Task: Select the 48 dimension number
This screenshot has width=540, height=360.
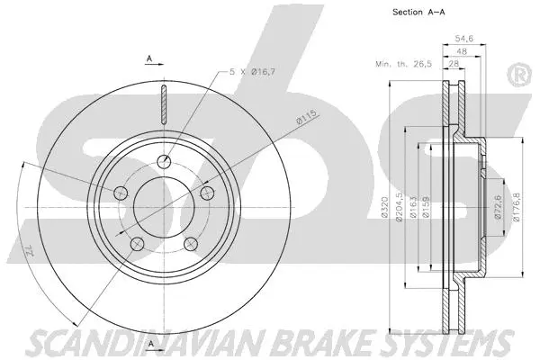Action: pos(461,51)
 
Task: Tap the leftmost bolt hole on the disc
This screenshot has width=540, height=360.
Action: pos(120,192)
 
